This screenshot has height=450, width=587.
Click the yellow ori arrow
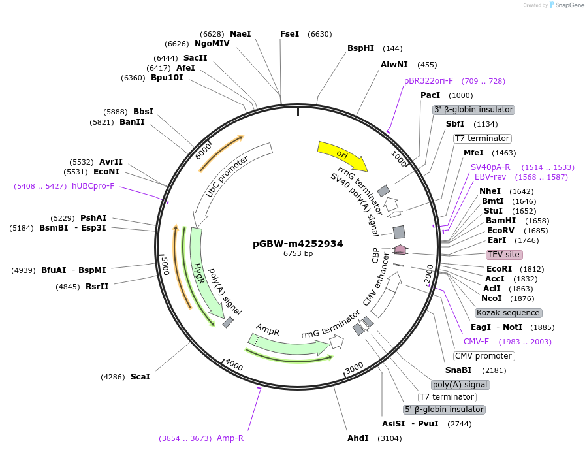341,155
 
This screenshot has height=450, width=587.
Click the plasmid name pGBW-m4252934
298,244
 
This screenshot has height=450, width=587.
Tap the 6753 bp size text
298,253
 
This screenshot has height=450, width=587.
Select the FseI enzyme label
289,33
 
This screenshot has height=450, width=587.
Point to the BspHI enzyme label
360,48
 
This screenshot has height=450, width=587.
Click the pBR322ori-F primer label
428,81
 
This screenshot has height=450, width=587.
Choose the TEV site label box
504,254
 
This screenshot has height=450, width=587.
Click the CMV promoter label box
483,356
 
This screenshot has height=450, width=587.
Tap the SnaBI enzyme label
458,370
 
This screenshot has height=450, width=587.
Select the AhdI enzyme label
358,438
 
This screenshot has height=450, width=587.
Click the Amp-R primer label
230,438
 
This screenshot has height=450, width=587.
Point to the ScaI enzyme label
140,377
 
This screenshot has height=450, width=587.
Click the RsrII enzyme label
97,286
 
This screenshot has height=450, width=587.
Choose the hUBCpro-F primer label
93,186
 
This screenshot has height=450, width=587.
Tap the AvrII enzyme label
110,162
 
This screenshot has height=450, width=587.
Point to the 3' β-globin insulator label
473,110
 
